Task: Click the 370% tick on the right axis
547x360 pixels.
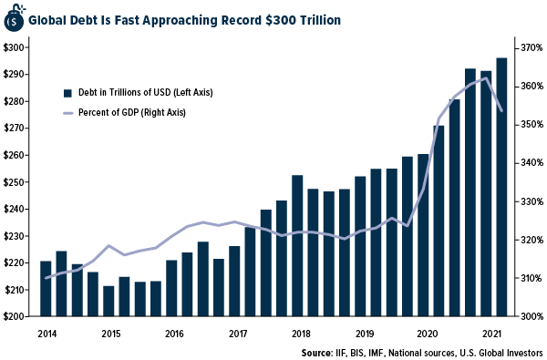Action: pyautogui.click(x=532, y=47)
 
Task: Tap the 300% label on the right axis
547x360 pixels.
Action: pyautogui.click(x=532, y=317)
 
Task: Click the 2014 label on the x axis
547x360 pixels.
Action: pyautogui.click(x=46, y=334)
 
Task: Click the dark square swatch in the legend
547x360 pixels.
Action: pyautogui.click(x=67, y=92)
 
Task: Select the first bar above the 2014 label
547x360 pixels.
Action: pyautogui.click(x=46, y=288)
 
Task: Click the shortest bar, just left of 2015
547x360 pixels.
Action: pyautogui.click(x=108, y=301)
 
